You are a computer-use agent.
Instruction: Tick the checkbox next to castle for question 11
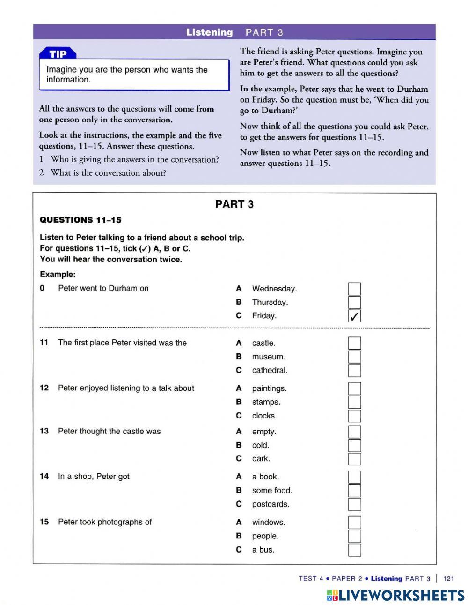point(354,343)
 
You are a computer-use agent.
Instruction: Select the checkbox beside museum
point(354,357)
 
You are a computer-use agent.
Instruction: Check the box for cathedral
point(354,370)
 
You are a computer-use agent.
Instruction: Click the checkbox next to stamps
point(354,402)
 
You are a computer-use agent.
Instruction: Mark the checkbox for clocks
point(354,416)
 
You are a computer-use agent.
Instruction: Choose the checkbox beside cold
point(354,445)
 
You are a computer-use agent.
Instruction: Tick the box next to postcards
point(354,504)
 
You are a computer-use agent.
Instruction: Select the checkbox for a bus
point(354,550)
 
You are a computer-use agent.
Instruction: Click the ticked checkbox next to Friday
point(354,316)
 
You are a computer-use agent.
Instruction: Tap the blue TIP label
point(58,54)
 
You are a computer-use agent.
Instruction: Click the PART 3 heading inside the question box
point(234,204)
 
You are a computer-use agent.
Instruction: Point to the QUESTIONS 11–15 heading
point(80,220)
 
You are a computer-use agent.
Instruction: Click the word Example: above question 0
point(58,274)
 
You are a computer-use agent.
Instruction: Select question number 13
point(44,431)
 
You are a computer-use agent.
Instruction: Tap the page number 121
point(448,578)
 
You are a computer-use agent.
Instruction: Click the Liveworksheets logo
point(395,595)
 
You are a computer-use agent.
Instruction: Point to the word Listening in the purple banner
point(209,32)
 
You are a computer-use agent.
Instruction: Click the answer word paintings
point(269,388)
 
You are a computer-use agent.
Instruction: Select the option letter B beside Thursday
point(239,302)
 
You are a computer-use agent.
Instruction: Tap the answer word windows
point(268,522)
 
